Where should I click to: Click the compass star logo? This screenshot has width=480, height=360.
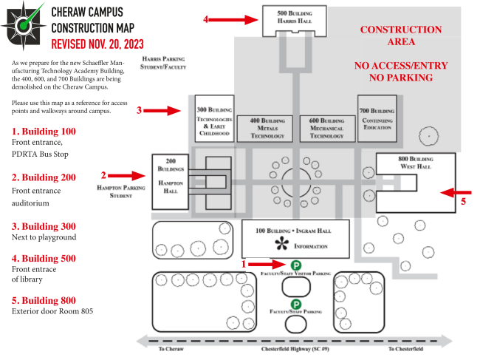click(x=24, y=25)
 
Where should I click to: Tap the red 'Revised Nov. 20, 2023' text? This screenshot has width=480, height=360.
click(x=97, y=44)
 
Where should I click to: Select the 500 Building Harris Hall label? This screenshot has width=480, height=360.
click(x=295, y=17)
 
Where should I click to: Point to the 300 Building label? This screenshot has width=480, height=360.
click(x=214, y=109)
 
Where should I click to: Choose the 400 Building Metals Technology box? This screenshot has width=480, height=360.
click(x=265, y=129)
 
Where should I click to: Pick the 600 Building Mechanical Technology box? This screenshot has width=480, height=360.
click(x=327, y=129)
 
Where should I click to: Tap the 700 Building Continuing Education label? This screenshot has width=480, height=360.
click(x=377, y=119)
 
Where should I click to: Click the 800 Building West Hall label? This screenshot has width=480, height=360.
click(x=416, y=163)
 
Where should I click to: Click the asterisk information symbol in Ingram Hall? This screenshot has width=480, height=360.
click(x=281, y=244)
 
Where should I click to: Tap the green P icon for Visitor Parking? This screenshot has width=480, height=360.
click(x=295, y=265)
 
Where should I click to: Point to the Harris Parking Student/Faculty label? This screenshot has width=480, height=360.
click(x=163, y=63)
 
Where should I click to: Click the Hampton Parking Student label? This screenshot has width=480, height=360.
click(x=121, y=191)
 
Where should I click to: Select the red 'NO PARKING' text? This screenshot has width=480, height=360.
click(x=401, y=78)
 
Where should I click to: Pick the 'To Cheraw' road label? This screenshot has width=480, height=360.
click(x=171, y=349)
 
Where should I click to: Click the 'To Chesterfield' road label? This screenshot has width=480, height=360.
click(x=405, y=349)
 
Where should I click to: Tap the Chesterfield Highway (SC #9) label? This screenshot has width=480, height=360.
click(x=295, y=349)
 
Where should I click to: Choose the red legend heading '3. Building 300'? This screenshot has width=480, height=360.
click(x=44, y=226)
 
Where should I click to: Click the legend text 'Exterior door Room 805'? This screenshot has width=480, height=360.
click(x=52, y=311)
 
